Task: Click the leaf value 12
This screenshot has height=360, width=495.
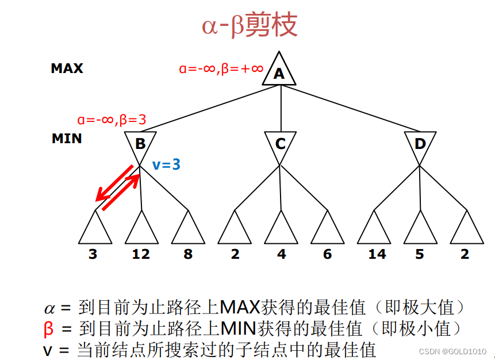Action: (141, 254)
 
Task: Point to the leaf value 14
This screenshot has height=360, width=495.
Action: (377, 254)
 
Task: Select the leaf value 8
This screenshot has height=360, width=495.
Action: (188, 254)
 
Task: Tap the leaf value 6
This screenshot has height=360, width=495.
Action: (327, 254)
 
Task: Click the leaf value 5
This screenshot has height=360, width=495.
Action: (420, 254)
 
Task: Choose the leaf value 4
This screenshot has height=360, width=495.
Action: (281, 254)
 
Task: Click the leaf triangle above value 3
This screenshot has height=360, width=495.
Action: (95, 229)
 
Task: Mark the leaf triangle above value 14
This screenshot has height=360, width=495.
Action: (374, 229)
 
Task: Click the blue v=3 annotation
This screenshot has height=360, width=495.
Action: (167, 165)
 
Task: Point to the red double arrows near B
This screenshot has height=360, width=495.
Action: (118, 187)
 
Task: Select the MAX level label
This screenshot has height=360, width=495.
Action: (67, 68)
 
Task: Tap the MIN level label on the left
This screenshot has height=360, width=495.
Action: (67, 139)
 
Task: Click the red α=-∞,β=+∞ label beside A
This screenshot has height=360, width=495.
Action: (221, 69)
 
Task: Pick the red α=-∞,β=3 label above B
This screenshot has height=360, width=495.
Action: (112, 120)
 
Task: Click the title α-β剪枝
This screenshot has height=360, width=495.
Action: (250, 25)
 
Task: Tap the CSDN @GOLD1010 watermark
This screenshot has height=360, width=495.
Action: (453, 351)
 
